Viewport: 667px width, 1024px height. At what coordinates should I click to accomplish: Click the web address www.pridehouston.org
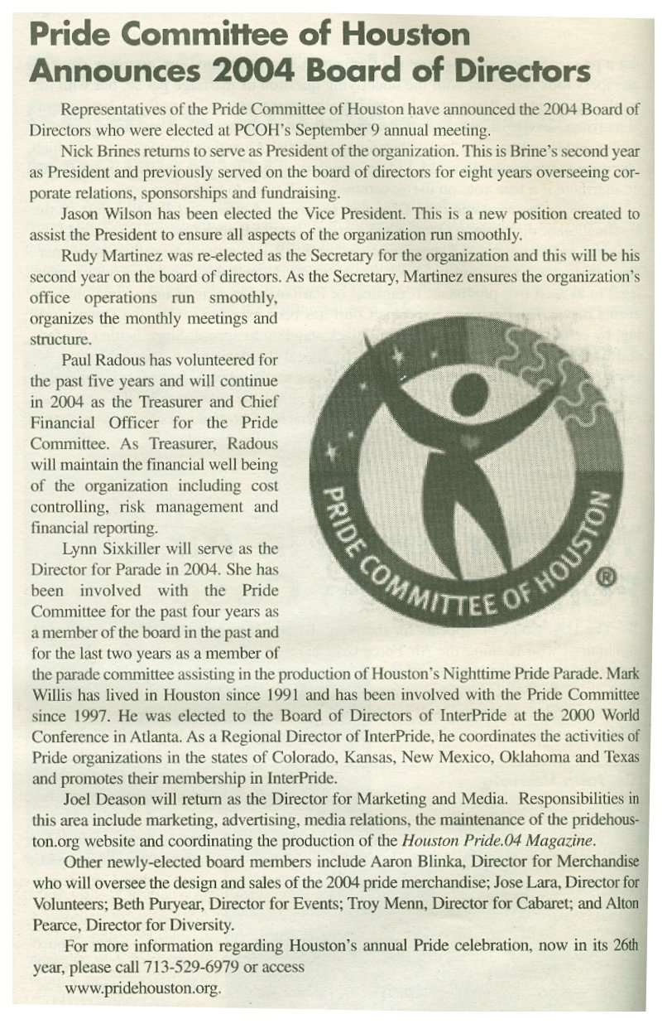(143, 988)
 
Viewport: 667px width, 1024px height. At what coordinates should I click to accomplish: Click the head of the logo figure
(468, 392)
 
